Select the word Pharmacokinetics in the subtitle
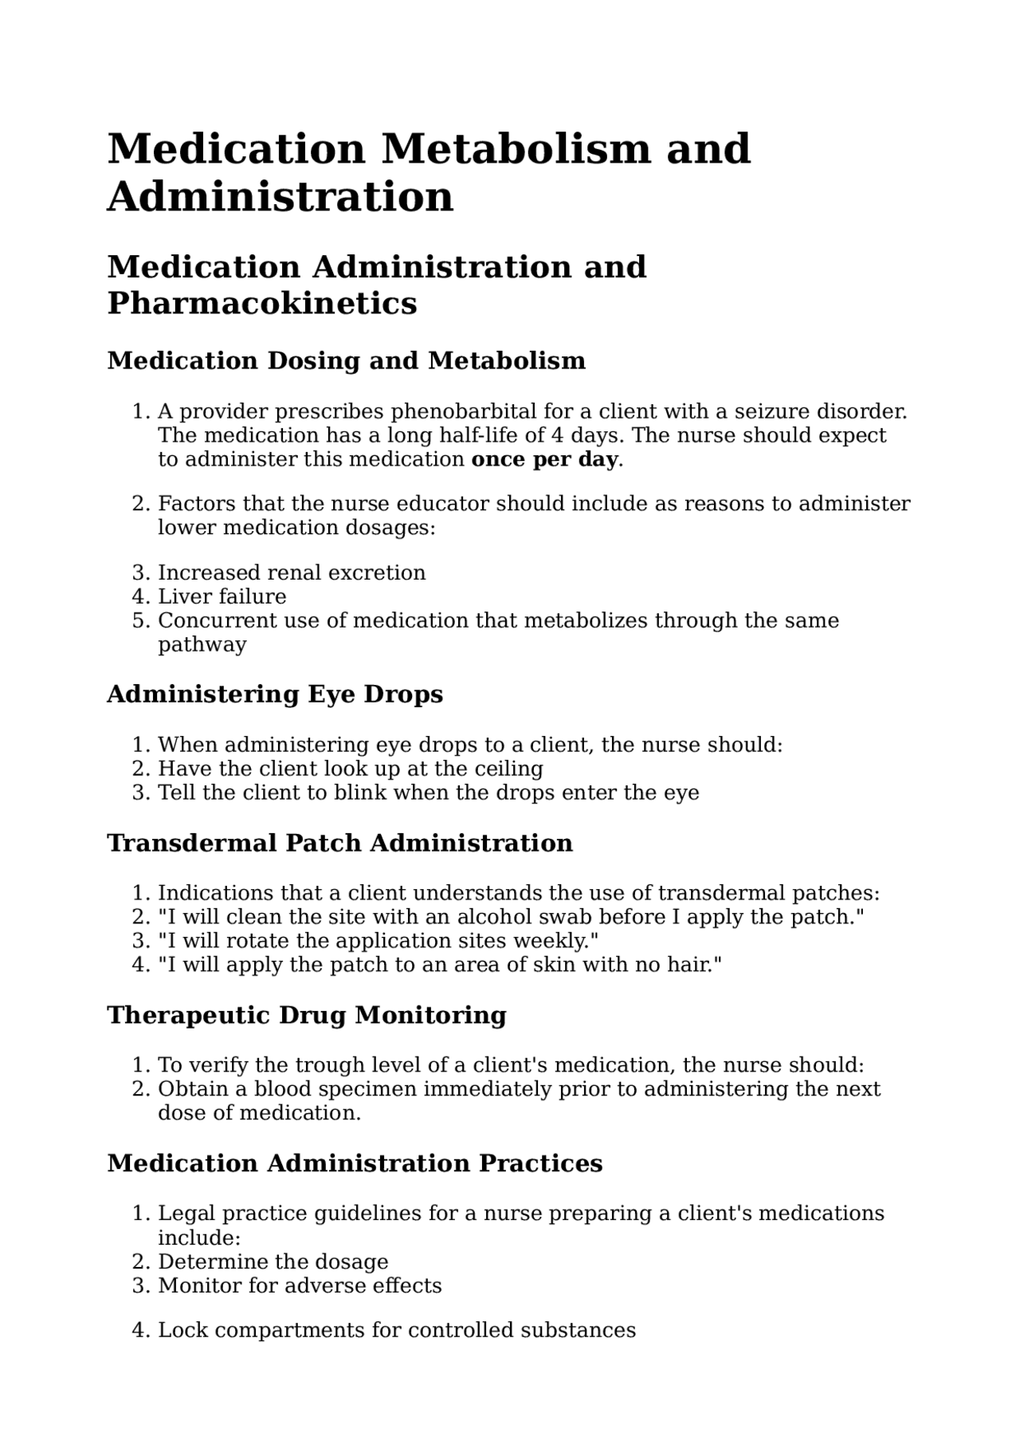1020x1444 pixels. [x=261, y=303]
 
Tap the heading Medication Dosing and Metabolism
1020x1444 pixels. [x=346, y=360]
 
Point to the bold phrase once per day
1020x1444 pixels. [x=544, y=459]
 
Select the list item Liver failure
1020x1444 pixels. [x=222, y=596]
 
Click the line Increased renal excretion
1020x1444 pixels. [x=292, y=572]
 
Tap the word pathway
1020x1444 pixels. [x=202, y=644]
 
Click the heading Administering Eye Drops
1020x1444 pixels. [x=274, y=694]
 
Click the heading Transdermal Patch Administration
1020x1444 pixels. [x=339, y=843]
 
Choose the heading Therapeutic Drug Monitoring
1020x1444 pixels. [x=306, y=1015]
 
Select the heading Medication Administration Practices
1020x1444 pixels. [x=354, y=1163]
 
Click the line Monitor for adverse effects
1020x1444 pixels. [x=300, y=1285]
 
